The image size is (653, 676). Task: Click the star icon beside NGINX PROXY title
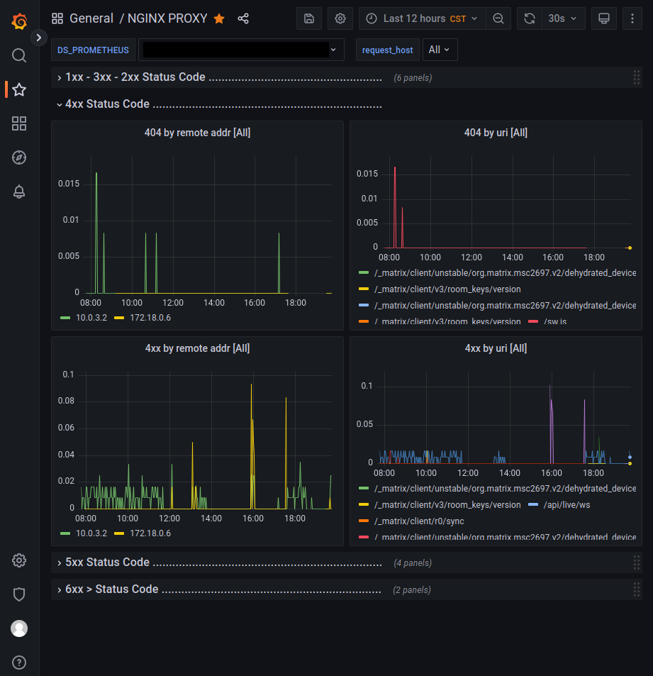(219, 18)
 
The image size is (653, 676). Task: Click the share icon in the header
(243, 18)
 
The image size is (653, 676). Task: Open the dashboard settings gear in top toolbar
(340, 18)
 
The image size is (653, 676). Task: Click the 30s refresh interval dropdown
(563, 18)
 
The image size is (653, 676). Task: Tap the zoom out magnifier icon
(498, 18)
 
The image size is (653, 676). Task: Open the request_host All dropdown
(440, 50)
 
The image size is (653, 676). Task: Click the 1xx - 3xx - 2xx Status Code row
(135, 77)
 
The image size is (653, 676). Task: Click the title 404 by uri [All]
(496, 133)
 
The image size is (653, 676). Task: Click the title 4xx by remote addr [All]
(197, 348)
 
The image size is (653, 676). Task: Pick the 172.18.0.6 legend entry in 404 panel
(150, 318)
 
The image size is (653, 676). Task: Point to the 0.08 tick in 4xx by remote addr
(67, 401)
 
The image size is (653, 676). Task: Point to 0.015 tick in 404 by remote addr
(69, 184)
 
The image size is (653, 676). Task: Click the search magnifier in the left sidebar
(19, 55)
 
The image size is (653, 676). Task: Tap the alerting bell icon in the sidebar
(19, 192)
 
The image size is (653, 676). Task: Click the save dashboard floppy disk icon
(309, 18)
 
